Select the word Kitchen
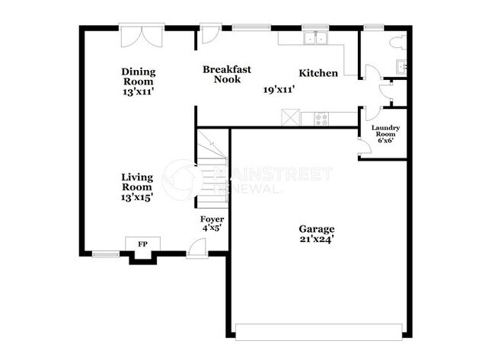coord(318,73)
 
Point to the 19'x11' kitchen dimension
coord(279,90)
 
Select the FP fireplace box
coord(142,244)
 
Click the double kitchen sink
coord(314,39)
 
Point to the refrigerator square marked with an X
coord(290,117)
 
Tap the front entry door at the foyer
coord(196,248)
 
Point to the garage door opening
coord(319,331)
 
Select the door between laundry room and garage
coord(363,147)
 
